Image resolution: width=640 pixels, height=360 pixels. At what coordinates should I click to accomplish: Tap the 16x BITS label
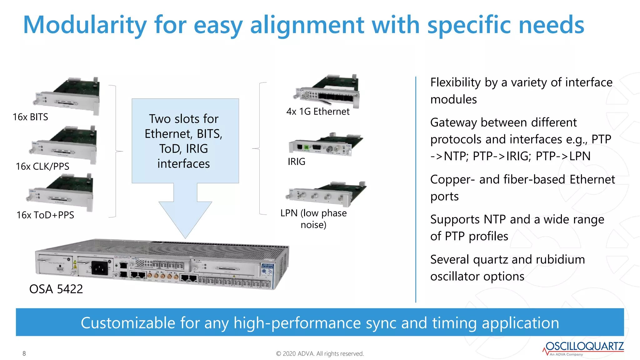point(30,117)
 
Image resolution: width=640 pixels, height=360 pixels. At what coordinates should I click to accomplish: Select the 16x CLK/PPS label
point(42,166)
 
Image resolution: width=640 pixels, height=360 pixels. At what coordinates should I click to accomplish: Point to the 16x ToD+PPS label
point(45,215)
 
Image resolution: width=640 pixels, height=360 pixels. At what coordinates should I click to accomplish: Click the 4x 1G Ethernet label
point(318,112)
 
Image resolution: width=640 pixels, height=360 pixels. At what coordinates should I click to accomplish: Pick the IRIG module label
point(296,162)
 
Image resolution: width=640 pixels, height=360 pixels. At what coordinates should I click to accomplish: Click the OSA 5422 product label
point(56,289)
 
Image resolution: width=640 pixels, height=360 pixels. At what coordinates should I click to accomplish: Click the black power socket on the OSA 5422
point(99,268)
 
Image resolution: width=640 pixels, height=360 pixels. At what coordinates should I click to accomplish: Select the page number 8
point(24,353)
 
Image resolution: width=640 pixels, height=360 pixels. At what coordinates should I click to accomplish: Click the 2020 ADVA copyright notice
point(320,354)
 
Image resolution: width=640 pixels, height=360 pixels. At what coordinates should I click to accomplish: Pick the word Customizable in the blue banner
point(128,323)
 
